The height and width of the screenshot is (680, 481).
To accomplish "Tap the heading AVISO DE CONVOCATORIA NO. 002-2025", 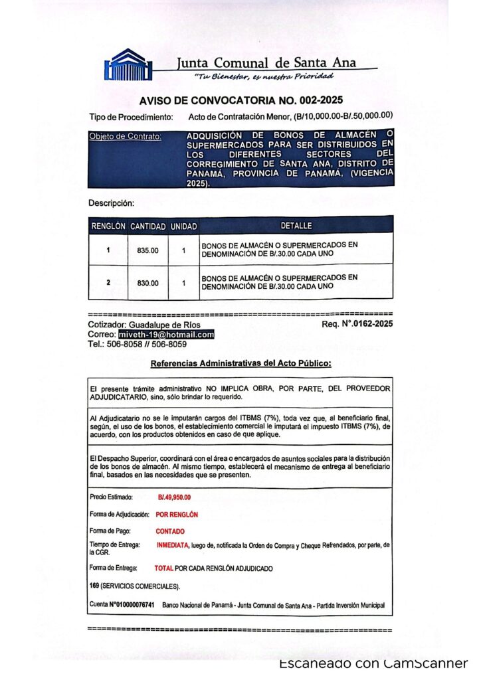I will click(241, 101).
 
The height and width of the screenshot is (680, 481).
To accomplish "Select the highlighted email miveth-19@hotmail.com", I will click(167, 335).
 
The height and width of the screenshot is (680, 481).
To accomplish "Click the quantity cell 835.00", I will click(147, 250).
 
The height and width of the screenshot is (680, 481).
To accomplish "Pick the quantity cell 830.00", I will click(147, 282).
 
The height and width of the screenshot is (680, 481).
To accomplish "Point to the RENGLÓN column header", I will click(108, 226).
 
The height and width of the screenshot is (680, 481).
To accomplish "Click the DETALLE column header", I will click(296, 226).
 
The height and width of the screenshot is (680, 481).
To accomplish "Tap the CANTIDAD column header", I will click(147, 226).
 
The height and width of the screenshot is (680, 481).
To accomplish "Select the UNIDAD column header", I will click(183, 226).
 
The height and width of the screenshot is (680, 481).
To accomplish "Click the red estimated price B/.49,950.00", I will click(174, 497).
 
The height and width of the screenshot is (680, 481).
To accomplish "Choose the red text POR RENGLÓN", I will click(177, 514).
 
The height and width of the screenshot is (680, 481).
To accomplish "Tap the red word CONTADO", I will click(170, 531).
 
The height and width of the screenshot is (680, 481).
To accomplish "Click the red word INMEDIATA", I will click(173, 545).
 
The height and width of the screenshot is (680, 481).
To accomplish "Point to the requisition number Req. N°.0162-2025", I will click(357, 325).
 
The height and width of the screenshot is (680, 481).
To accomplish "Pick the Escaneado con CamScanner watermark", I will click(373, 663).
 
